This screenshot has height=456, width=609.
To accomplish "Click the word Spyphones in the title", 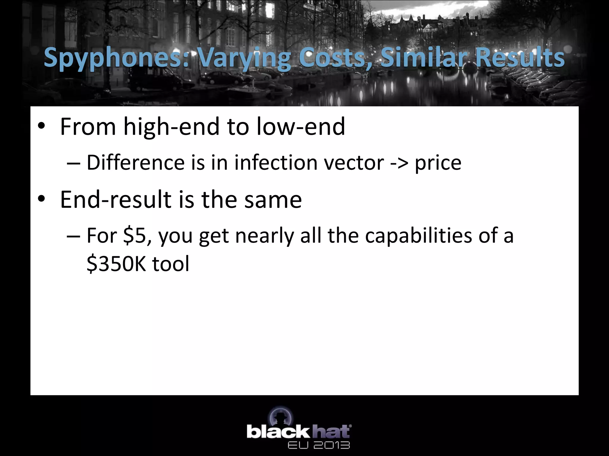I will tap(116, 58).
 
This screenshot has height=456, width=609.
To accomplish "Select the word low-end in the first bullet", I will tap(301, 127).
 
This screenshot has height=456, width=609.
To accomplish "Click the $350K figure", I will tap(116, 264).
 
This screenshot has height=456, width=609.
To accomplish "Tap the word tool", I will tap(171, 264).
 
